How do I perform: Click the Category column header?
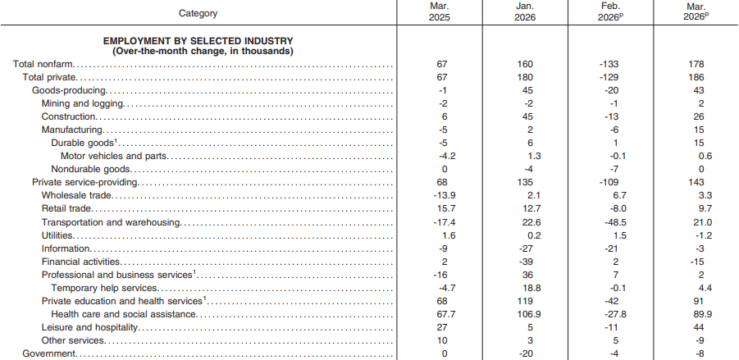tap(198, 13)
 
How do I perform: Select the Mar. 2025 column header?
tap(440, 12)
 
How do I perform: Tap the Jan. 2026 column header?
tap(525, 12)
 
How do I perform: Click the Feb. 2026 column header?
tap(611, 12)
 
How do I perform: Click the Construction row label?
tap(69, 116)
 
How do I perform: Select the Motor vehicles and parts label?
tap(114, 156)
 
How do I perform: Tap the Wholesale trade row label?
tap(76, 195)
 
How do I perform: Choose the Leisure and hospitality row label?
tap(89, 327)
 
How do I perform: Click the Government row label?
tap(49, 353)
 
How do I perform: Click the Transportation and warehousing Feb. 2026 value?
tap(614, 222)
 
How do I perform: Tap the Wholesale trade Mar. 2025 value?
tap(444, 195)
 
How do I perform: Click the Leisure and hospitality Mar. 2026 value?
tap(699, 327)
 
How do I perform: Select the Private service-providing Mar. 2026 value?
tap(696, 182)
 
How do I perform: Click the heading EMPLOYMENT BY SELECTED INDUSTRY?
tap(198, 41)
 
